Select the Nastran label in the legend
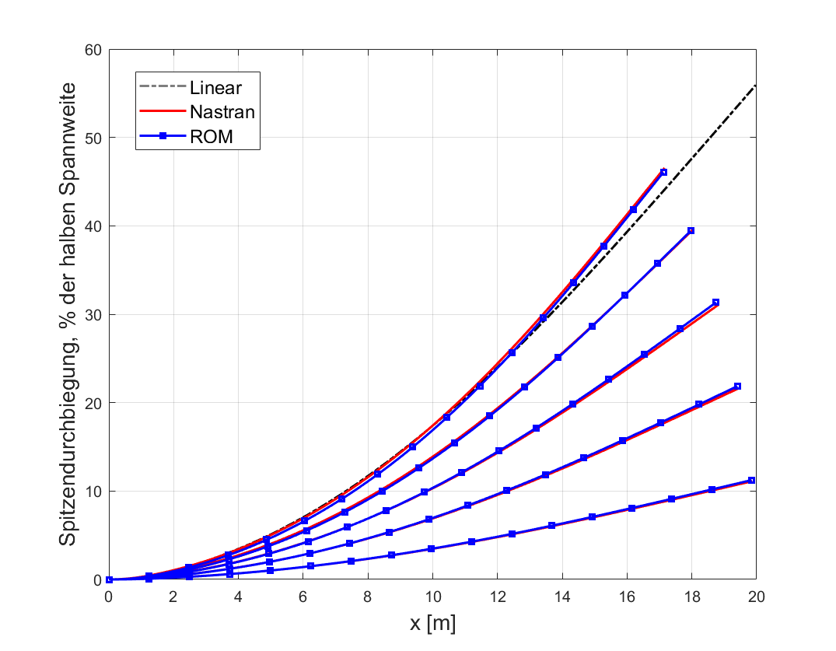click(x=222, y=111)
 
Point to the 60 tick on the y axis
click(x=94, y=49)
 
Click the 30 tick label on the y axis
click(x=94, y=314)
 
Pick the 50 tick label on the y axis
click(x=94, y=138)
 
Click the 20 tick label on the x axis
click(x=755, y=597)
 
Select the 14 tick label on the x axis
click(x=561, y=597)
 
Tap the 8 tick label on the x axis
click(x=367, y=597)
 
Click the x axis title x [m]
click(x=432, y=622)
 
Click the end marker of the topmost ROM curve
click(x=663, y=172)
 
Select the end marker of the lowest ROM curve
click(x=751, y=481)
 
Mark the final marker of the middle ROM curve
click(x=715, y=303)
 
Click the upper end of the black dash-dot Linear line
click(x=755, y=85)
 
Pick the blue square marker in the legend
click(x=163, y=137)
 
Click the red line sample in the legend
click(x=163, y=111)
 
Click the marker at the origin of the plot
click(x=109, y=579)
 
